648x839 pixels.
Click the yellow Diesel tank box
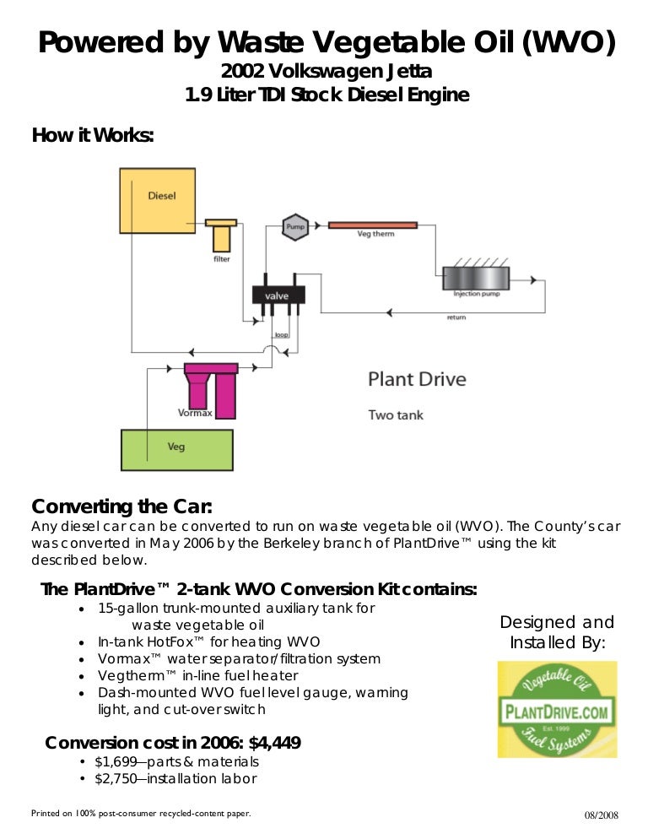(158, 200)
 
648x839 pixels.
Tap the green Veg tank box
(176, 449)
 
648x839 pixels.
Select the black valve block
(278, 296)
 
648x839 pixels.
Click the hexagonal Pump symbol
(294, 226)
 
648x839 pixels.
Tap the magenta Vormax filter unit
(213, 390)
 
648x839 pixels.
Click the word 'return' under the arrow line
(456, 317)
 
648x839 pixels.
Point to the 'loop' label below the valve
(281, 335)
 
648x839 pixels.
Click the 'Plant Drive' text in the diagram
(416, 379)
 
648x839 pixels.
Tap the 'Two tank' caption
(396, 414)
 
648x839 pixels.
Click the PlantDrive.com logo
(556, 709)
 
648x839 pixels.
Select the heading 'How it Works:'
(93, 135)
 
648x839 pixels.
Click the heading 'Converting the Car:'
(121, 506)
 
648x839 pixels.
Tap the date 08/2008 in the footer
(602, 815)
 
